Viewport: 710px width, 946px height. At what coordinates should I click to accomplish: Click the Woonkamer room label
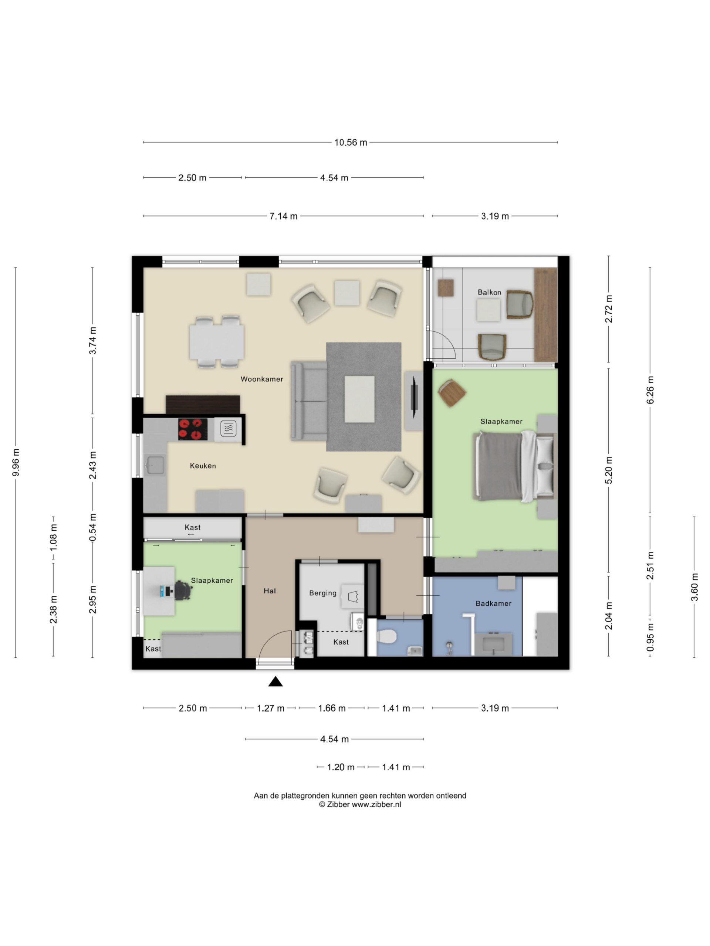click(x=261, y=379)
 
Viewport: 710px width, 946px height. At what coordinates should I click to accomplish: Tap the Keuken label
click(x=203, y=466)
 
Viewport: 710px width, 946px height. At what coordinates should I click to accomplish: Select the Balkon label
click(x=489, y=292)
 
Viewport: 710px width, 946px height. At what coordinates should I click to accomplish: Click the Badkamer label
click(x=493, y=603)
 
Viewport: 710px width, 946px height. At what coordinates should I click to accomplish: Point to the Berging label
click(x=323, y=593)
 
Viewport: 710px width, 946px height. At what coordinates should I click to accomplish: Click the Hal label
click(x=270, y=591)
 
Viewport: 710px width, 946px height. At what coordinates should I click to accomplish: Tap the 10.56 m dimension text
click(x=351, y=142)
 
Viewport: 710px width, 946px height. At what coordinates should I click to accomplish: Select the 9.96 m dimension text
click(x=16, y=462)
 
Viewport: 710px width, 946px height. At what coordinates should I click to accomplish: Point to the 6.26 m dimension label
click(x=650, y=389)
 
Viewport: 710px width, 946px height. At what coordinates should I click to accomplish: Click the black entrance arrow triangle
click(x=275, y=682)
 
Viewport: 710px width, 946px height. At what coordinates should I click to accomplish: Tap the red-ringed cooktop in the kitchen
click(x=193, y=429)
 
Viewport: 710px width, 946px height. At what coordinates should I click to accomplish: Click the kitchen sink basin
click(x=155, y=465)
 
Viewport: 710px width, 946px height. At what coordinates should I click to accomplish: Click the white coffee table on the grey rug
click(x=359, y=399)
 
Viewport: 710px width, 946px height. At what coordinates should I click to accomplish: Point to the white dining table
click(x=217, y=342)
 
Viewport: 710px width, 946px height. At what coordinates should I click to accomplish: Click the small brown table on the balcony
click(x=446, y=288)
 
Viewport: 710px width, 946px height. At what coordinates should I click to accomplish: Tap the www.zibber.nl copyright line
click(x=360, y=804)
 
